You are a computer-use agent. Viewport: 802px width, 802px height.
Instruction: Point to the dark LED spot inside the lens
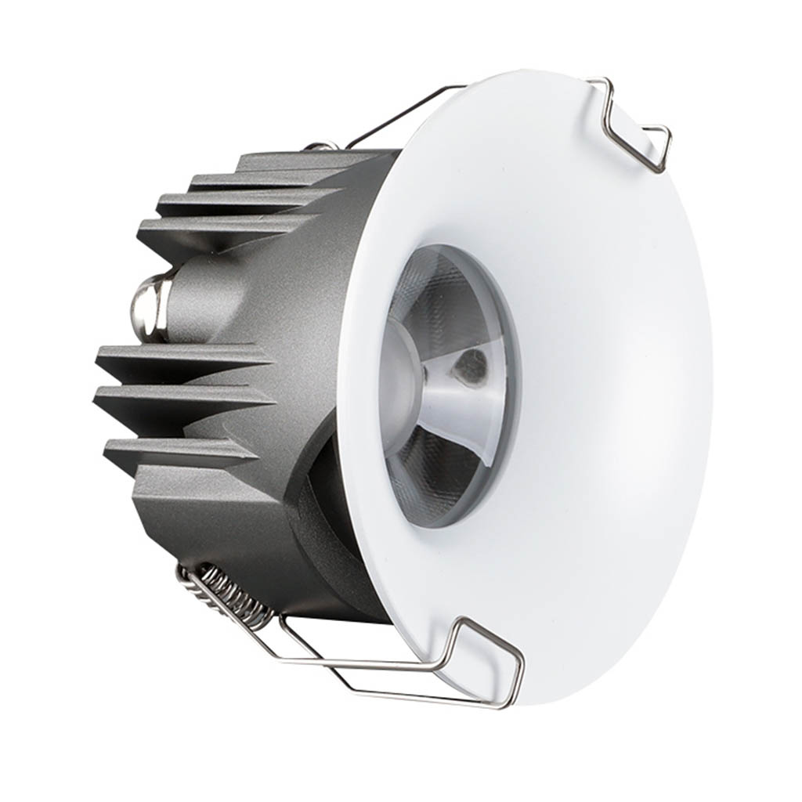tap(471, 366)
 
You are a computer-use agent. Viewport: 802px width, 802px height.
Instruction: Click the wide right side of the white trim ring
tap(619, 392)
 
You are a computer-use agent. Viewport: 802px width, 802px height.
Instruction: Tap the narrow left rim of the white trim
tap(356, 392)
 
